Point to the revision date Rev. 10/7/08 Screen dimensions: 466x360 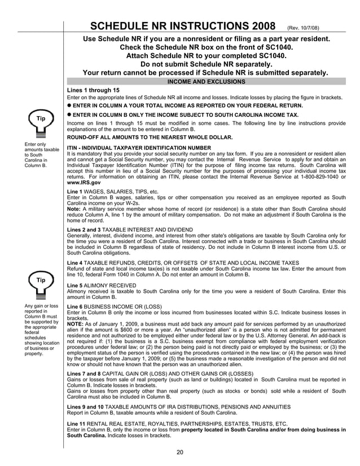coord(305,28)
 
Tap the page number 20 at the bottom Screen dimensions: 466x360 coord(180,451)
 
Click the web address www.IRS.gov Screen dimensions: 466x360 coord(84,183)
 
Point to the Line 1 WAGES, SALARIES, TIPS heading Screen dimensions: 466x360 coord(112,191)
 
